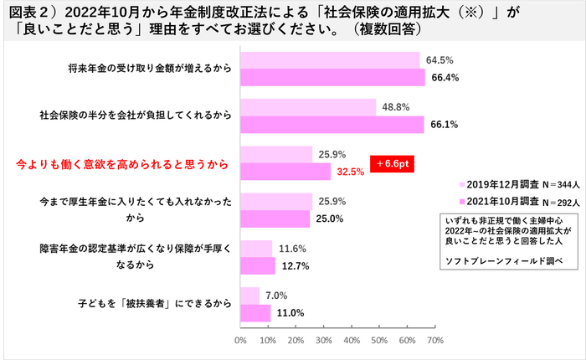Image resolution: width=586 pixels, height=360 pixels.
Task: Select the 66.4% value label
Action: (x=444, y=78)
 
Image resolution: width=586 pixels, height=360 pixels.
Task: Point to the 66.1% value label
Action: (x=444, y=125)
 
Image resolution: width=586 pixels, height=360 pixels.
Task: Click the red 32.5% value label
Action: (x=350, y=172)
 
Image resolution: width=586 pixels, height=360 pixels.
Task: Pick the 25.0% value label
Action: (x=327, y=219)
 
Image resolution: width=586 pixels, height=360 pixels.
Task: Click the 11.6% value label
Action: (x=291, y=249)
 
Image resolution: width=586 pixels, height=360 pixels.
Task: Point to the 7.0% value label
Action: (x=276, y=295)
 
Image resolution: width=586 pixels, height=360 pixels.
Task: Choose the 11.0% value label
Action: (x=290, y=312)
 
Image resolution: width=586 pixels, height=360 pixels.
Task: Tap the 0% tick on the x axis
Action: (x=240, y=341)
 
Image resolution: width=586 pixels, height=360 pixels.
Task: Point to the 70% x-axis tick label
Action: (x=434, y=341)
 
